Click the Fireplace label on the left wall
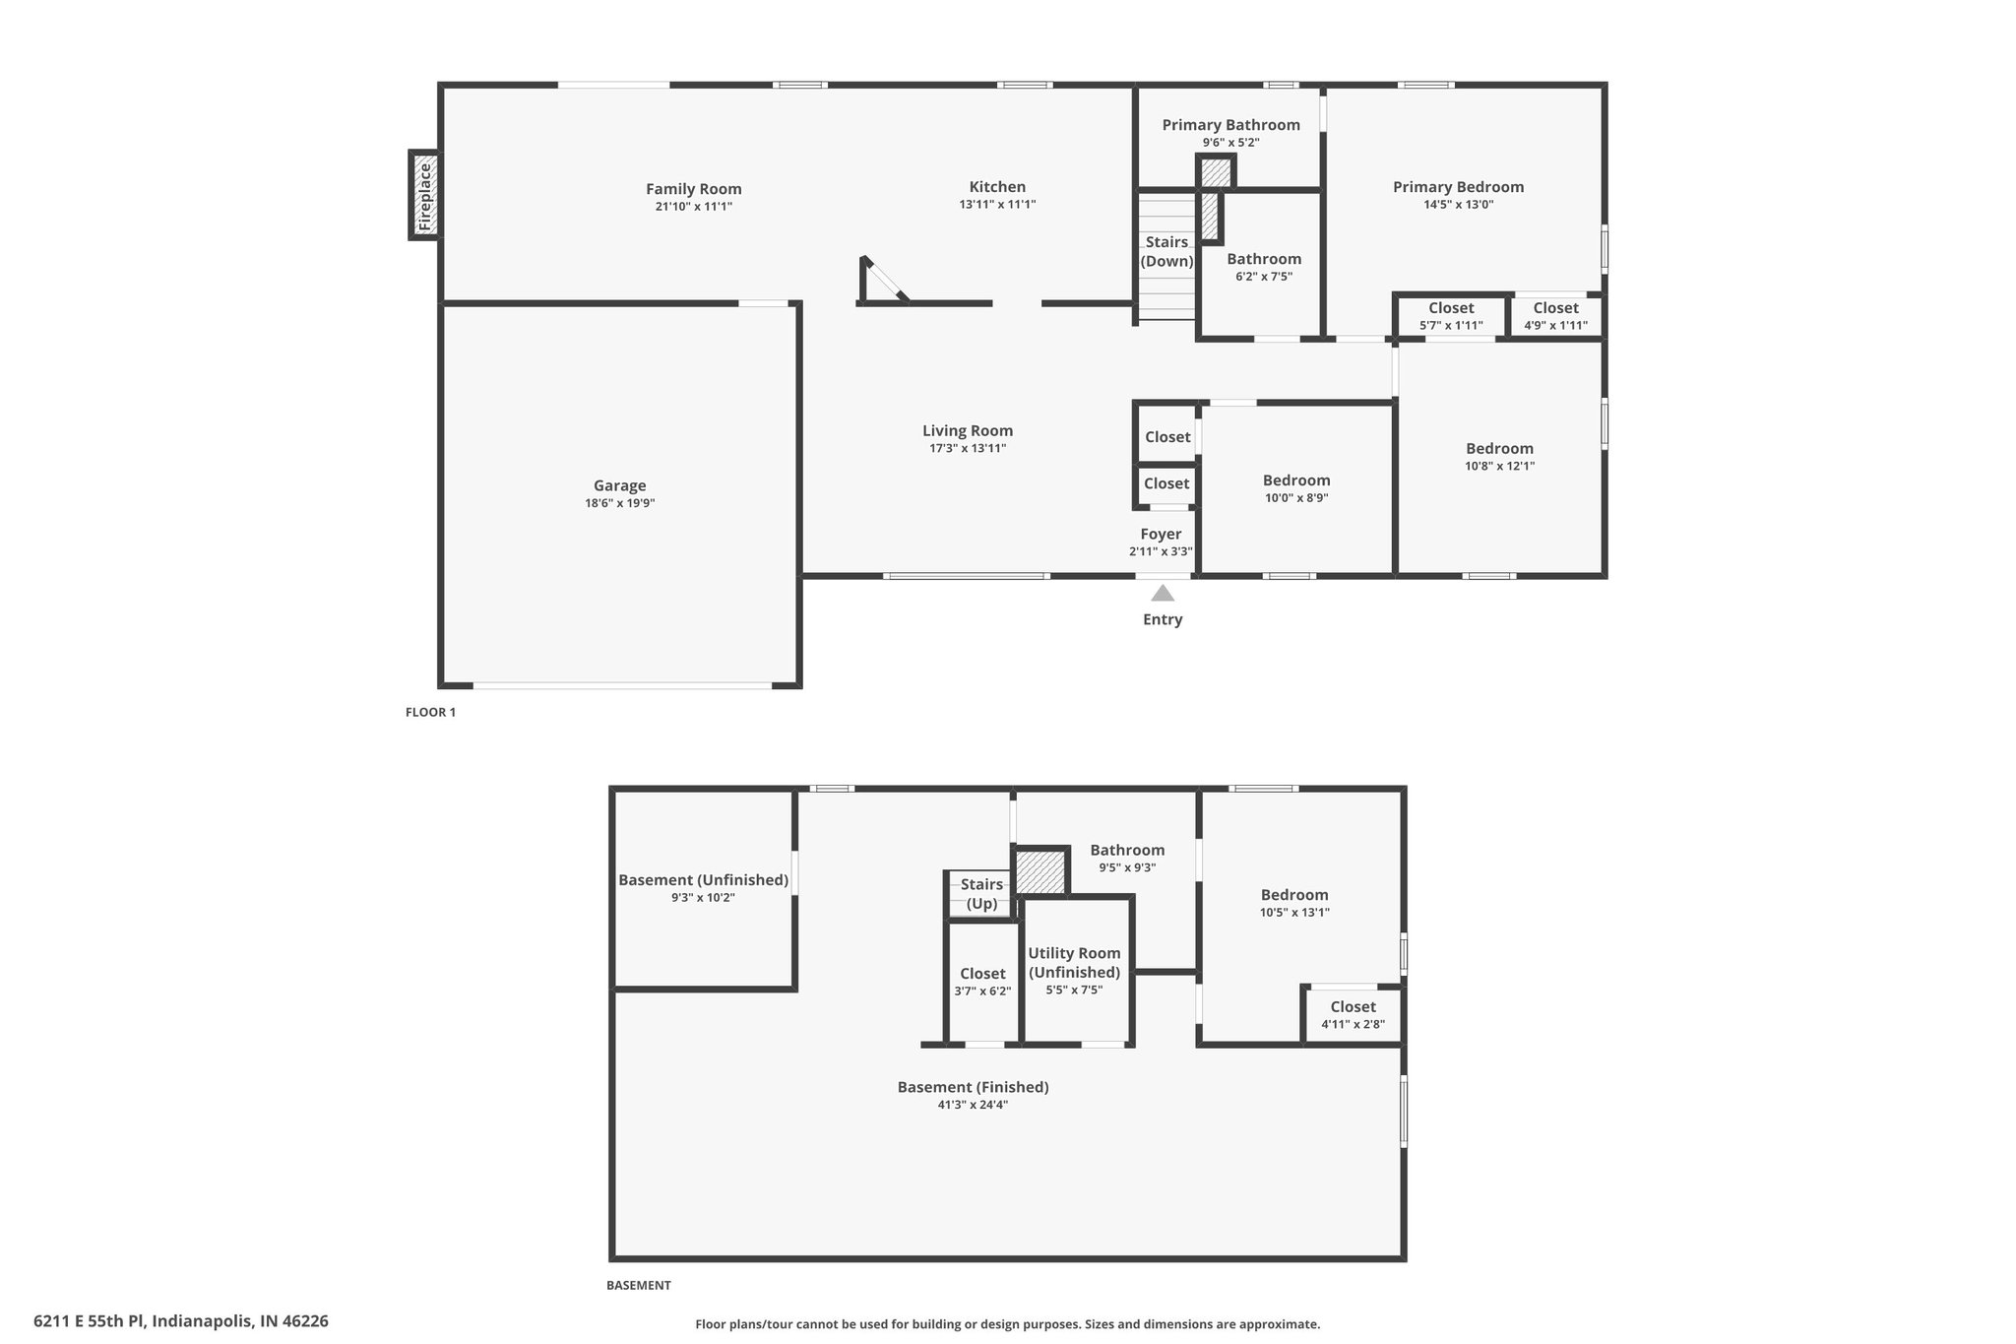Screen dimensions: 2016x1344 pyautogui.click(x=425, y=197)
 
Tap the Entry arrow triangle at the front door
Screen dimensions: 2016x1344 pyautogui.click(x=1163, y=593)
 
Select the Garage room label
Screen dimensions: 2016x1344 pyautogui.click(x=620, y=485)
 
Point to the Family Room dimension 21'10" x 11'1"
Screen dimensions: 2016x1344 pyautogui.click(x=694, y=207)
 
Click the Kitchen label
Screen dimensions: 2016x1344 pyautogui.click(x=997, y=187)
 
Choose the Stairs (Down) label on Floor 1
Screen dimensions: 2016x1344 pyautogui.click(x=1166, y=252)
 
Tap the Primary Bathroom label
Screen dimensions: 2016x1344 pyautogui.click(x=1230, y=125)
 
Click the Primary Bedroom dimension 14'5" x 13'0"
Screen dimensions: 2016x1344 pyautogui.click(x=1458, y=205)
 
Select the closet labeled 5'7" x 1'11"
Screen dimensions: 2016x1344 pyautogui.click(x=1451, y=316)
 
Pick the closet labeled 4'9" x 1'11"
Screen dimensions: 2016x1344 pyautogui.click(x=1555, y=316)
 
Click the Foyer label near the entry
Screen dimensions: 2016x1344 pyautogui.click(x=1161, y=535)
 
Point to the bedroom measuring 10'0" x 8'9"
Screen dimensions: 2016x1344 pyautogui.click(x=1296, y=488)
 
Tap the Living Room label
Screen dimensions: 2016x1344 pyautogui.click(x=968, y=430)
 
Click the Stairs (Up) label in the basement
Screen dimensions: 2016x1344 pyautogui.click(x=981, y=894)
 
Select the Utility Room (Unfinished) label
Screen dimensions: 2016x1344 pyautogui.click(x=1074, y=962)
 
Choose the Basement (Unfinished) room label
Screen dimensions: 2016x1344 pyautogui.click(x=703, y=880)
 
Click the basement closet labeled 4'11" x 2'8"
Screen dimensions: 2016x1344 pyautogui.click(x=1353, y=1015)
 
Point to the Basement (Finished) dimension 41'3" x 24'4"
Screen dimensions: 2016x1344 pyautogui.click(x=973, y=1105)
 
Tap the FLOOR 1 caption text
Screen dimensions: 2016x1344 pyautogui.click(x=430, y=712)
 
